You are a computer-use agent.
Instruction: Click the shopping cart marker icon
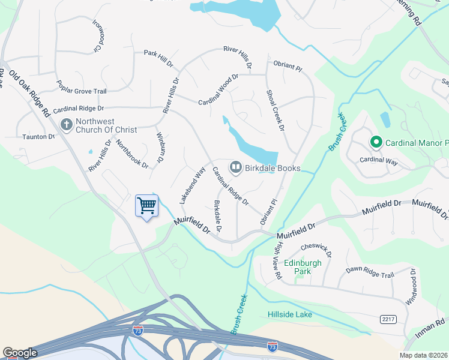(x=146, y=206)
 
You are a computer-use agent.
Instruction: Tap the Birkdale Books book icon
(x=236, y=167)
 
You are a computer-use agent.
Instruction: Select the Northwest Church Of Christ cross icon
(x=67, y=125)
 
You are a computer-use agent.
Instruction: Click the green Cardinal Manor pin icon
(x=376, y=143)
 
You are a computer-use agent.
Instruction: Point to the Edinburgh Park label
(x=303, y=267)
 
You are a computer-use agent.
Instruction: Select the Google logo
(x=20, y=353)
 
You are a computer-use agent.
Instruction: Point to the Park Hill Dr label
(x=158, y=53)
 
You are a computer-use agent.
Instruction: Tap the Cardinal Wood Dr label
(x=218, y=89)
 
